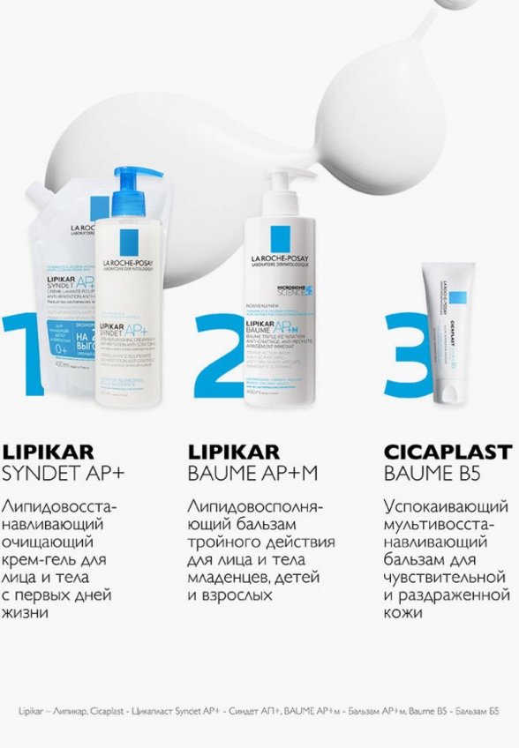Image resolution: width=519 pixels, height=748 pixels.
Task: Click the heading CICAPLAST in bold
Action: (448, 453)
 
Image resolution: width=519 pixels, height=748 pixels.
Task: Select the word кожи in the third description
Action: (404, 612)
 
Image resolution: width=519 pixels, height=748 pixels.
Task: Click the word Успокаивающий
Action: (447, 508)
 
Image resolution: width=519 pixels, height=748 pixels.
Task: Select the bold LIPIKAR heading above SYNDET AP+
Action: (49, 453)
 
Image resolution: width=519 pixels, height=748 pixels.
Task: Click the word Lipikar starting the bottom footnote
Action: (32, 710)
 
